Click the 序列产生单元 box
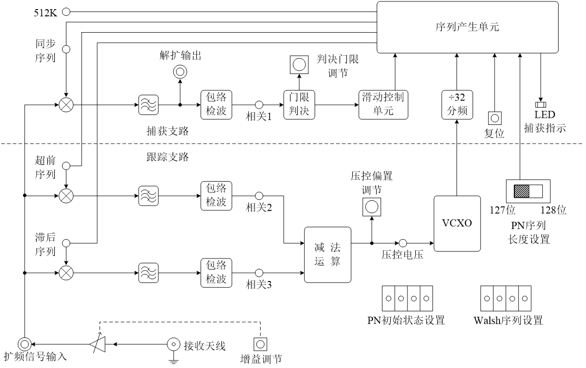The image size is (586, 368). coord(467,27)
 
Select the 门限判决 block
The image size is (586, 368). coord(299,105)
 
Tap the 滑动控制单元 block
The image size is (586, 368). coord(383,105)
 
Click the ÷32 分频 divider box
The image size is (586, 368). coord(457,105)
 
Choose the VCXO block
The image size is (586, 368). coord(457,223)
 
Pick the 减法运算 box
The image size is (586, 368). coord(328,255)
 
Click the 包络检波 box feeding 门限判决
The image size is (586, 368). coord(216,105)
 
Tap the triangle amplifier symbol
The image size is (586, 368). coord(98,344)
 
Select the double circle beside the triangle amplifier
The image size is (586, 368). coord(25,344)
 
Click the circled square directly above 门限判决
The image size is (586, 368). coord(299,65)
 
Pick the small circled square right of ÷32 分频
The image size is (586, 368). coord(495,118)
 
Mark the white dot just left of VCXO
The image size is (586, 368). coord(403,243)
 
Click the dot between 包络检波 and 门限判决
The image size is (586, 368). coord(259,105)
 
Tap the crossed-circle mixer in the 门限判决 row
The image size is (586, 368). coord(66,105)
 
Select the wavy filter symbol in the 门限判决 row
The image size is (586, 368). coord(148,105)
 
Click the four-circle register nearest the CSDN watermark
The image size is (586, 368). coord(506,298)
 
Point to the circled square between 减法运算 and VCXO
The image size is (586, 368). coord(371,207)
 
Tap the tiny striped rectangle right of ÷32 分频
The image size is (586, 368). coord(541,105)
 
